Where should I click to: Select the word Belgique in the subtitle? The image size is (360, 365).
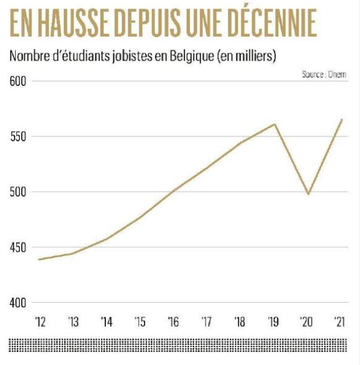pyautogui.click(x=192, y=56)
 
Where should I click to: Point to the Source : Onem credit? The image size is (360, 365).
pyautogui.click(x=324, y=74)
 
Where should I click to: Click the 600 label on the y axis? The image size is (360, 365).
pyautogui.click(x=18, y=82)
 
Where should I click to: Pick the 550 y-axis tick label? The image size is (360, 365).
pyautogui.click(x=18, y=137)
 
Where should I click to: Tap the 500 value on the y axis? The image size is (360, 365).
pyautogui.click(x=18, y=192)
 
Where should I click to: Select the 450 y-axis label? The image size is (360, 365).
pyautogui.click(x=18, y=248)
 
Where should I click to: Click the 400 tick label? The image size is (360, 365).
pyautogui.click(x=18, y=303)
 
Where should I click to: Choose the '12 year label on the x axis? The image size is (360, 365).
pyautogui.click(x=41, y=321)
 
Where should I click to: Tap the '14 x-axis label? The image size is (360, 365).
pyautogui.click(x=107, y=321)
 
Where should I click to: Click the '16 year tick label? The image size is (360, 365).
pyautogui.click(x=174, y=321)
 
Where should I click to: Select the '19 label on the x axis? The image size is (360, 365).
pyautogui.click(x=273, y=321)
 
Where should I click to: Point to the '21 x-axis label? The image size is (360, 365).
pyautogui.click(x=339, y=321)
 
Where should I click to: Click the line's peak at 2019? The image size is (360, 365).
pyautogui.click(x=275, y=124)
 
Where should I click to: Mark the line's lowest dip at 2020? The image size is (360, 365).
pyautogui.click(x=309, y=194)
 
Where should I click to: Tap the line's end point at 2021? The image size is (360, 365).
pyautogui.click(x=342, y=119)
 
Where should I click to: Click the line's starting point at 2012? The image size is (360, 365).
pyautogui.click(x=39, y=259)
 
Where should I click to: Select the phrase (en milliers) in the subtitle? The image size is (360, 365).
pyautogui.click(x=246, y=56)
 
